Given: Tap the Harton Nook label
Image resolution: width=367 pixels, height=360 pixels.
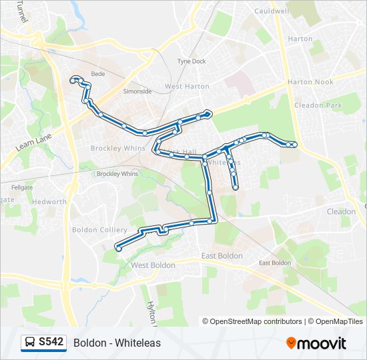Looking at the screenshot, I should pyautogui.click(x=310, y=82).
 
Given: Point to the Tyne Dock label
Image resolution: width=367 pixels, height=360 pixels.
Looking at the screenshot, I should pyautogui.click(x=192, y=61).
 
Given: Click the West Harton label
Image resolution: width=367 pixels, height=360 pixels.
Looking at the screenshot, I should pyautogui.click(x=187, y=87).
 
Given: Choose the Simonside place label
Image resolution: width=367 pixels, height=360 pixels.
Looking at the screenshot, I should pyautogui.click(x=137, y=91).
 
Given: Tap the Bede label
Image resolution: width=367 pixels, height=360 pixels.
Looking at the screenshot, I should pyautogui.click(x=98, y=75).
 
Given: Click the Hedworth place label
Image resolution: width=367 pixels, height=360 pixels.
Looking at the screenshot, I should pyautogui.click(x=50, y=201).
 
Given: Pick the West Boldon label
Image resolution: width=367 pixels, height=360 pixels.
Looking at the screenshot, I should pyautogui.click(x=153, y=265).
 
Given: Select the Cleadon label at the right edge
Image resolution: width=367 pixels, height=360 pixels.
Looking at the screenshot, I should pyautogui.click(x=340, y=211).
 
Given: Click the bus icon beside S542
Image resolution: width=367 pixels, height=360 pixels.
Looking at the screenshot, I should pyautogui.click(x=30, y=343).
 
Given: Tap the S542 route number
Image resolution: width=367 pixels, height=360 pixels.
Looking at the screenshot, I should pyautogui.click(x=51, y=343).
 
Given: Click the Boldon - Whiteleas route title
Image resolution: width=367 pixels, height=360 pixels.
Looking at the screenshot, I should pyautogui.click(x=117, y=343).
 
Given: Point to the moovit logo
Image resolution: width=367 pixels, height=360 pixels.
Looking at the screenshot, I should pyautogui.click(x=316, y=343).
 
